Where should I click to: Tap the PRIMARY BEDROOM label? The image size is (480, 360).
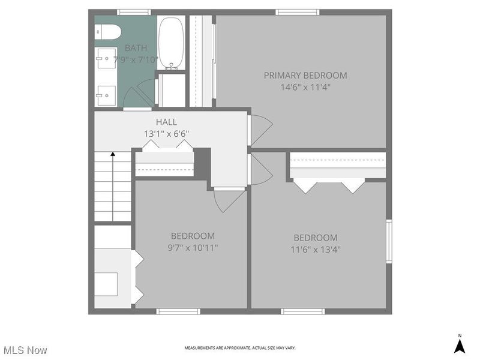coord(305,76)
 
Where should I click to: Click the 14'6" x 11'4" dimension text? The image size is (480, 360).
coord(305,87)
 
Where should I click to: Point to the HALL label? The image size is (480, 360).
coord(166,122)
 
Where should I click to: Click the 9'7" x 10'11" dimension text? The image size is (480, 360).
coord(192,247)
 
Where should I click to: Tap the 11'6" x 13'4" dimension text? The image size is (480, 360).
coord(315,249)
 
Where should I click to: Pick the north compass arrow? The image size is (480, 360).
coord(460,346)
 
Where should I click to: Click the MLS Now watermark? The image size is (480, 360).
coord(25,349)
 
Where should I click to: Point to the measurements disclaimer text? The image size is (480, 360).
coord(239,348)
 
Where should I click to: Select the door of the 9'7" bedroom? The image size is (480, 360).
coord(229,200)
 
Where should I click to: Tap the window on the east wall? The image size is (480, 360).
coord(389,241)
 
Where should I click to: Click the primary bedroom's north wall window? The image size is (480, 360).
coord(297,12)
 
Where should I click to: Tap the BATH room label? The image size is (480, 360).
coord(135,48)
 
